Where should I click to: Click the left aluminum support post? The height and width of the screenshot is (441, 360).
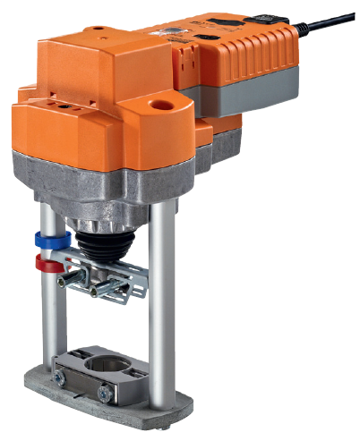pos(48,304)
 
